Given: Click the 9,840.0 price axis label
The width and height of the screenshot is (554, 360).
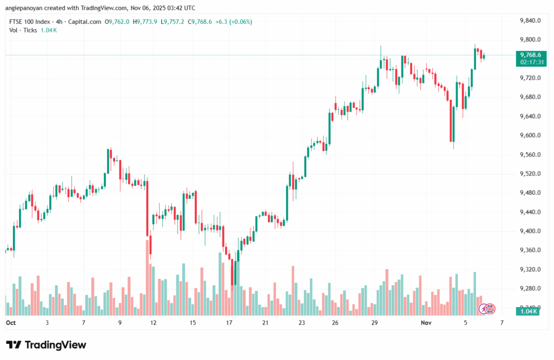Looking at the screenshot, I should [530, 21].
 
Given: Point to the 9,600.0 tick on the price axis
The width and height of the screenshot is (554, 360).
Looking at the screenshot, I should [530, 135].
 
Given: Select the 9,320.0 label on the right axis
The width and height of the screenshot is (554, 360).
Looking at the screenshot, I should [530, 269].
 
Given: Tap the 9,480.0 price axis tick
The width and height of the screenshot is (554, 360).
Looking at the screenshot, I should [530, 193].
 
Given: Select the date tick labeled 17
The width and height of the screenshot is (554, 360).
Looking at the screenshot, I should [229, 322].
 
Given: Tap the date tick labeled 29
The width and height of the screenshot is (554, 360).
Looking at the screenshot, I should [374, 322].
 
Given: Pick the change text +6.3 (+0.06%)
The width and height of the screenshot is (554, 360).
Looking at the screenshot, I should [233, 22].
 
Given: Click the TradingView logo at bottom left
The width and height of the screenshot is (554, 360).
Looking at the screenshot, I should [46, 345].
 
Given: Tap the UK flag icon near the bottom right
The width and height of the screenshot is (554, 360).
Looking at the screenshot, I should [490, 309].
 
